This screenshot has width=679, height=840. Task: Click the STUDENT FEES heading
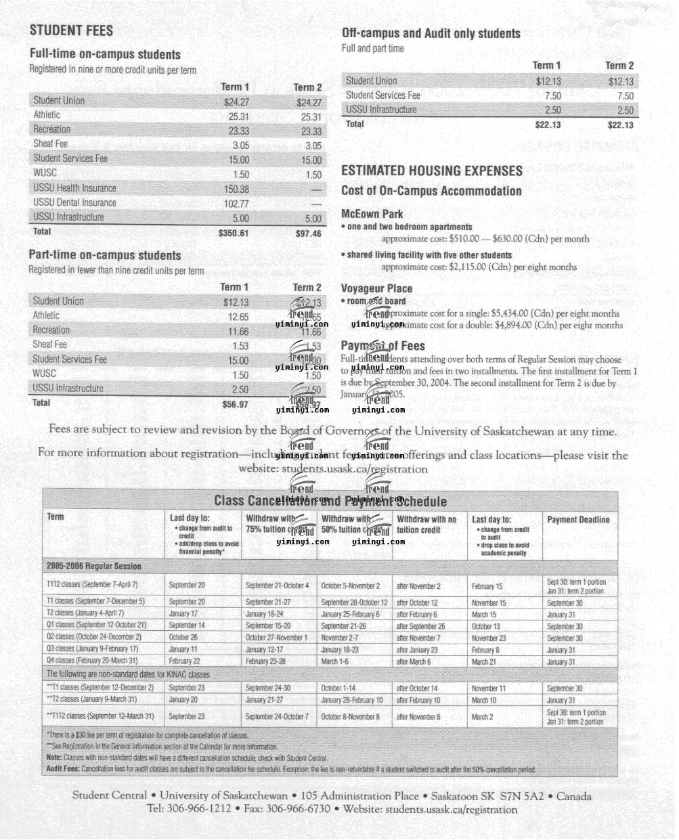tap(71, 30)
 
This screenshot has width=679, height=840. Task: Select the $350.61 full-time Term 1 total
tap(234, 233)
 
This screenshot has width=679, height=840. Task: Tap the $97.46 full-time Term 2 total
tap(308, 234)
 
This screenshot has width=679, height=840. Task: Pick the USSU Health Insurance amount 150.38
tap(236, 190)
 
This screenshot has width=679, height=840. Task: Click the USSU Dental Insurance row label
tap(74, 202)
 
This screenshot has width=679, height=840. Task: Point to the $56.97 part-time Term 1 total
tap(235, 404)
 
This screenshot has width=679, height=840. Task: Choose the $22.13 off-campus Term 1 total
tap(548, 125)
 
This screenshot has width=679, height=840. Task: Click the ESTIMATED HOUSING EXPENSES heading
tap(432, 171)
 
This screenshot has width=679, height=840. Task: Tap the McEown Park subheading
tap(372, 214)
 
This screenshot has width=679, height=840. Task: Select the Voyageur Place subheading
tap(376, 288)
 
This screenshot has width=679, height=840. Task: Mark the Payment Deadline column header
tap(578, 520)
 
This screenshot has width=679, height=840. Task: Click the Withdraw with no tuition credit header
tap(426, 525)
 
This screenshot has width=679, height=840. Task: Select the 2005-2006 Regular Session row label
tap(93, 566)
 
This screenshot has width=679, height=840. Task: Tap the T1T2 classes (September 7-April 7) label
tap(92, 585)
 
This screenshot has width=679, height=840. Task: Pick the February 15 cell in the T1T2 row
tap(487, 586)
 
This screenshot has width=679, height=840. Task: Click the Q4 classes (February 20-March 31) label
tap(92, 661)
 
